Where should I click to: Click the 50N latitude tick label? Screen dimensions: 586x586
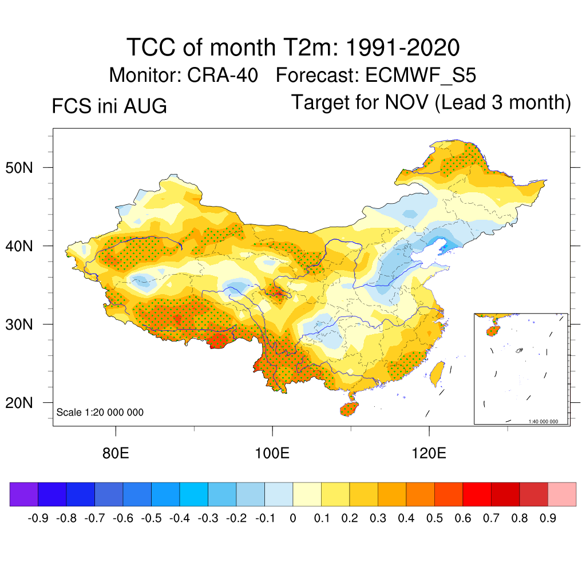pos(19,168)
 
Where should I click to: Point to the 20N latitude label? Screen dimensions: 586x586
pos(19,403)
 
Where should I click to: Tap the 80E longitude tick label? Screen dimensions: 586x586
pos(116,453)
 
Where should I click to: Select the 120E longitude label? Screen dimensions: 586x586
pos(429,453)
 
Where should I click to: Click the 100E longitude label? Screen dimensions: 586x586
pos(272,453)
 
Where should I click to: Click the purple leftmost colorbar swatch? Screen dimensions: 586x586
pos(24,494)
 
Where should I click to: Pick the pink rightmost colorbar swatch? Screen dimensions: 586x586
pos(562,494)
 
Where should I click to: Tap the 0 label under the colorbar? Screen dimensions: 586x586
pos(293,518)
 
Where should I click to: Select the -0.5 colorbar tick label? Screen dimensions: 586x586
pos(151,518)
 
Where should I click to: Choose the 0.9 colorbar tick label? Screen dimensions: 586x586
pos(548,518)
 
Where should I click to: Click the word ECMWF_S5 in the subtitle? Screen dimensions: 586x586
pos(421,75)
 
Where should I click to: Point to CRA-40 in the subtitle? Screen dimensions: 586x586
pos(223,75)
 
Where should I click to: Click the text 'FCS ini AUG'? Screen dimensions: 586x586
pos(109,106)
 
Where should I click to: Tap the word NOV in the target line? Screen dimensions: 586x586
pos(406,102)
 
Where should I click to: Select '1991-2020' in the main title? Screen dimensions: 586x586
pos(402,47)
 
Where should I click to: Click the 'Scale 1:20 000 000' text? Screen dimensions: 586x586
pos(100,412)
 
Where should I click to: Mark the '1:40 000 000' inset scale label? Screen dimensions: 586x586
pos(543,422)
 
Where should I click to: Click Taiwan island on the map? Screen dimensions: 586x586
pos(437,374)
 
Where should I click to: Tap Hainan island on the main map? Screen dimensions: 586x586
pos(349,409)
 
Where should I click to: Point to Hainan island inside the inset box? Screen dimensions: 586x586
pos(493,331)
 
